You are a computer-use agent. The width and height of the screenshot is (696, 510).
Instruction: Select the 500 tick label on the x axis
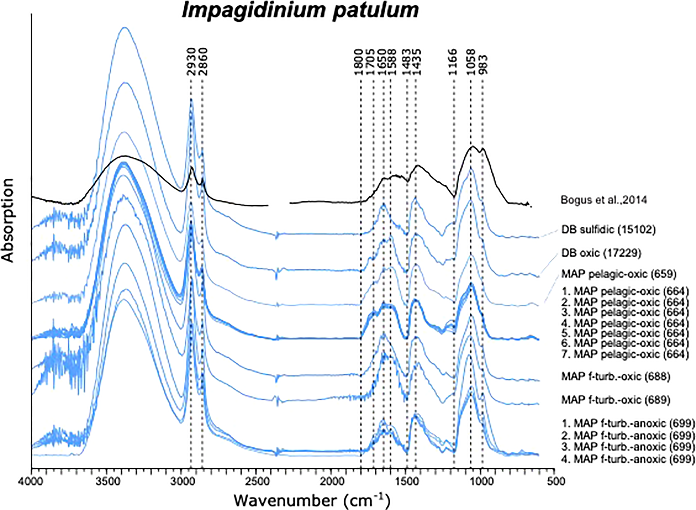click(x=554, y=481)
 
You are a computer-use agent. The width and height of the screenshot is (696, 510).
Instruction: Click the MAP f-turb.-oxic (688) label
click(x=616, y=377)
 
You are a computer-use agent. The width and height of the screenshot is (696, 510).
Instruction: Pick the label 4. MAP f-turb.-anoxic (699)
click(x=628, y=459)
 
